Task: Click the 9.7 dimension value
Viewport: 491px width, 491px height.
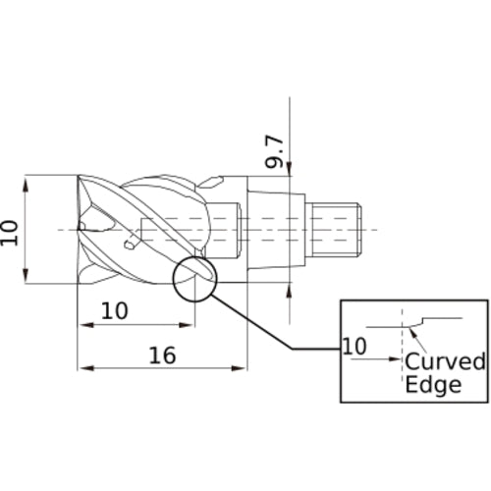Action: click(274, 151)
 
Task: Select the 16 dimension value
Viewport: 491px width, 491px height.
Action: click(162, 355)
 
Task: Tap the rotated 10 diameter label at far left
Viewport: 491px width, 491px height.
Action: click(9, 233)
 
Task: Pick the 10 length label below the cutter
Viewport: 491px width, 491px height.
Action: click(115, 311)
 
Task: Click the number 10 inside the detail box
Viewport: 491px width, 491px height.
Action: click(355, 347)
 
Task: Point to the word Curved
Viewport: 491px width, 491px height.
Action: click(445, 361)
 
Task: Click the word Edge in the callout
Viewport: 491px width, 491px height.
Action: click(433, 385)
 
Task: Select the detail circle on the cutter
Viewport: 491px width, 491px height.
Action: click(174, 278)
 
